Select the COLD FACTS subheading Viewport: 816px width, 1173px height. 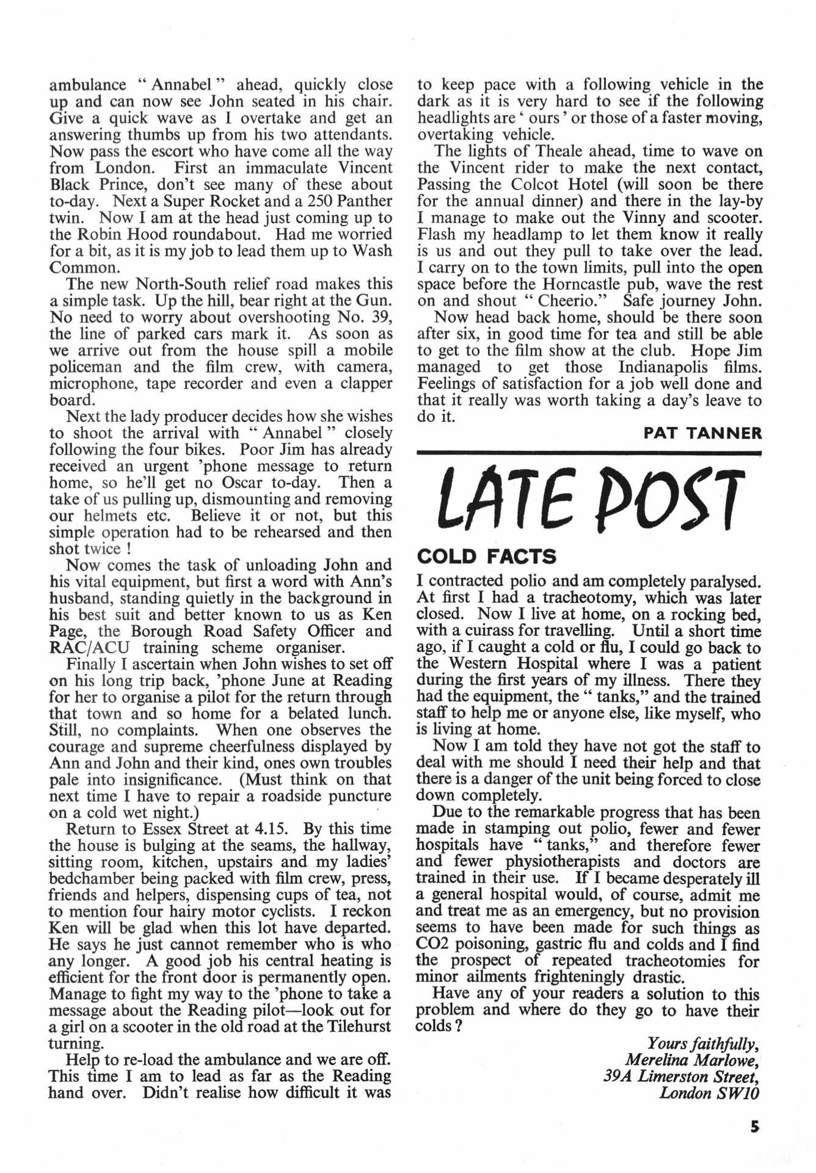pyautogui.click(x=486, y=557)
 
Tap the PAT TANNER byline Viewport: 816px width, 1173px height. pyautogui.click(x=702, y=433)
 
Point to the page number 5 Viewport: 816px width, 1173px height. pyautogui.click(x=755, y=1125)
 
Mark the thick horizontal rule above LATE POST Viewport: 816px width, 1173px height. pyautogui.click(x=589, y=453)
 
